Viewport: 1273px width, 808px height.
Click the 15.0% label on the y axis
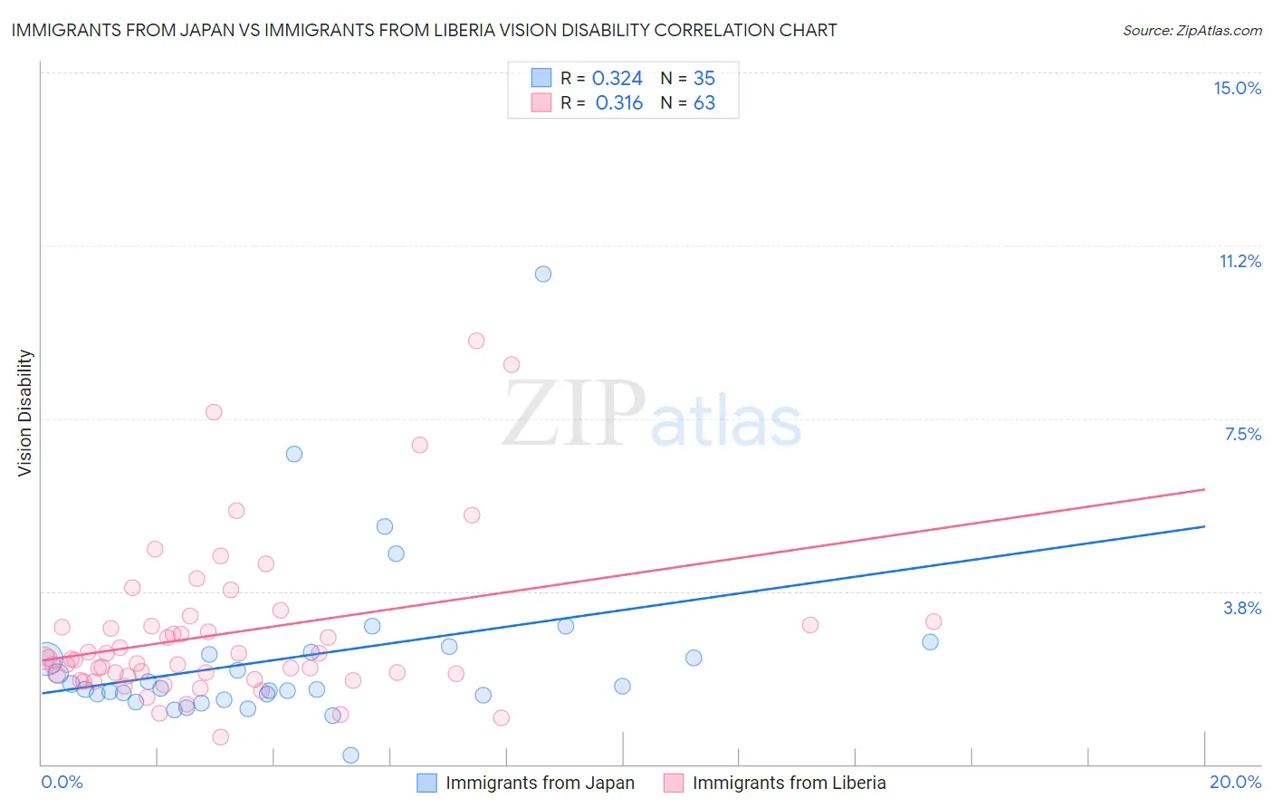(x=1237, y=88)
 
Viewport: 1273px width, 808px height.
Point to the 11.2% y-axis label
(x=1239, y=261)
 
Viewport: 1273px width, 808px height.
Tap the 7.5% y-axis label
(x=1242, y=434)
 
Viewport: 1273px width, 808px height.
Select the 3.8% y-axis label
(x=1242, y=608)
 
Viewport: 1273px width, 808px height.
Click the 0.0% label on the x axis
(x=62, y=782)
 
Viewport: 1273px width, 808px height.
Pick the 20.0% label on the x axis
(x=1235, y=782)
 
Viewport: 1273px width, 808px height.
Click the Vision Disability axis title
(x=25, y=412)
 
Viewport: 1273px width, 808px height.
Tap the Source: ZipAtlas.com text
(x=1192, y=30)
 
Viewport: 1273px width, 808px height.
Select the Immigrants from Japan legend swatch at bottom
(x=426, y=783)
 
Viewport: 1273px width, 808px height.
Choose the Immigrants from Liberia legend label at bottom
(x=789, y=783)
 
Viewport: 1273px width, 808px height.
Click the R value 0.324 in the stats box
(x=617, y=79)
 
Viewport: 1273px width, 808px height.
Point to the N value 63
(x=703, y=103)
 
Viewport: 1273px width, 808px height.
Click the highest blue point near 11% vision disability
(x=543, y=274)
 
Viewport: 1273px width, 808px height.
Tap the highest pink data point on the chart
(x=476, y=341)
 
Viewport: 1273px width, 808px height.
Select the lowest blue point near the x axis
(x=350, y=755)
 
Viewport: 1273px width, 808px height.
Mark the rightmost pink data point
(x=933, y=621)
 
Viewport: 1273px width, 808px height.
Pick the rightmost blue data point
(x=930, y=642)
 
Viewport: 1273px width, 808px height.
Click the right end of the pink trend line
(x=1204, y=489)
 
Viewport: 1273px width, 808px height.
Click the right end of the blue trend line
(x=1204, y=526)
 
